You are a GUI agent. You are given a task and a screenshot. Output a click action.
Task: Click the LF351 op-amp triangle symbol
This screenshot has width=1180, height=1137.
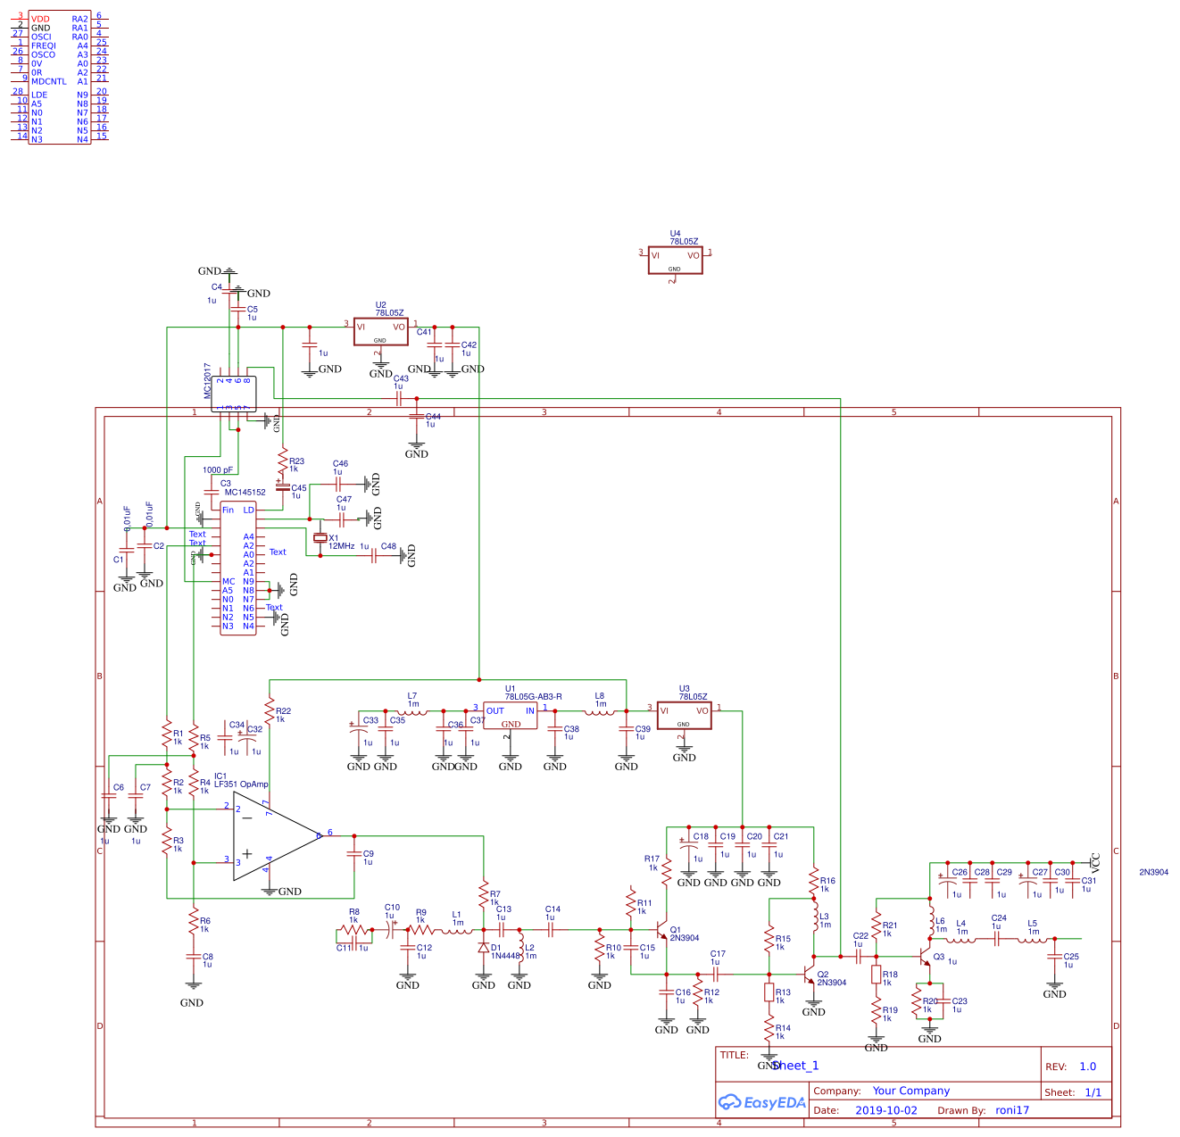coord(268,837)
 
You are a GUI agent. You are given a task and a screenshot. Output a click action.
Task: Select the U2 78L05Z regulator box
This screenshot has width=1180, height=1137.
coord(380,331)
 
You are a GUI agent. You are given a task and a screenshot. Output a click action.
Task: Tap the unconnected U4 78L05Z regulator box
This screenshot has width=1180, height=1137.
coord(675,260)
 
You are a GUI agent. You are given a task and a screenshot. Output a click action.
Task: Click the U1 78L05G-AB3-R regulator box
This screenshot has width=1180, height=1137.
coord(511,716)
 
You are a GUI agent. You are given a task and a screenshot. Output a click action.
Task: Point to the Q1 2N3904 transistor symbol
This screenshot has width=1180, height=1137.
coord(662,932)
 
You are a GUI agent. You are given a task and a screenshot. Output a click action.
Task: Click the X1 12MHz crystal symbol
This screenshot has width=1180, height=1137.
coord(320,538)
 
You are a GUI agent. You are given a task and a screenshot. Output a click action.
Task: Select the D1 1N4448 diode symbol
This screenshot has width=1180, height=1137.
coord(484,948)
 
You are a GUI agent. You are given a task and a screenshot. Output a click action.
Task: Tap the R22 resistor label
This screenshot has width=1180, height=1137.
coord(283,711)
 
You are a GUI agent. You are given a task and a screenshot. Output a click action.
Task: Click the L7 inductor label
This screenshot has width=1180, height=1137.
coord(411,695)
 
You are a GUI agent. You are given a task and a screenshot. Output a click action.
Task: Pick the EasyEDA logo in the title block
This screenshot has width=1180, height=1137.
coord(761,1102)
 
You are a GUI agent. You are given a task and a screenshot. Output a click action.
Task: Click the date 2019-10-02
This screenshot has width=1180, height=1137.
coord(885,1110)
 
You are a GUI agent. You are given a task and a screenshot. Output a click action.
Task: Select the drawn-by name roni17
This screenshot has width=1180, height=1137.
coord(1012,1110)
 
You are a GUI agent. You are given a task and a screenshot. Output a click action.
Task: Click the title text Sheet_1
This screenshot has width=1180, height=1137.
coord(794,1066)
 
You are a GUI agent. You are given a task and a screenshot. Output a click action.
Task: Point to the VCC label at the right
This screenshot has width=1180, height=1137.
coord(1096,861)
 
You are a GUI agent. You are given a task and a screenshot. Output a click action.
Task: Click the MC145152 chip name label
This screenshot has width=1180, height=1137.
coord(245,492)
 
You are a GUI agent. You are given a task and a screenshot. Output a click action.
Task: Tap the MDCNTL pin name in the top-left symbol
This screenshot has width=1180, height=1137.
coord(49,81)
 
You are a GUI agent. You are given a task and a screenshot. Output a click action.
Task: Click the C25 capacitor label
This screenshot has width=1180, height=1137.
coord(1071,956)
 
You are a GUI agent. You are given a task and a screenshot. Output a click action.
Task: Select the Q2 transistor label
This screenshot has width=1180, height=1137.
coord(823,974)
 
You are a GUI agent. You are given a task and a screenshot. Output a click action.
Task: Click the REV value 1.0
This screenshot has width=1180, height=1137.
coord(1087,1066)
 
